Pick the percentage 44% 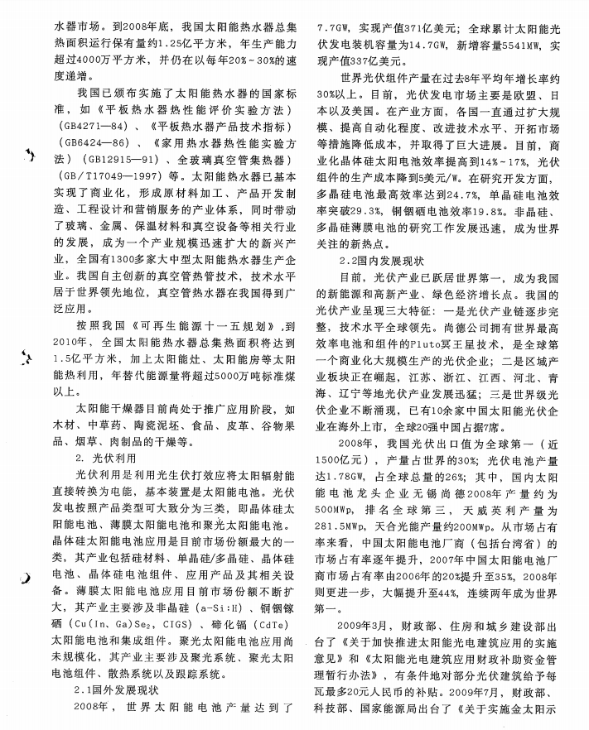(440, 595)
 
